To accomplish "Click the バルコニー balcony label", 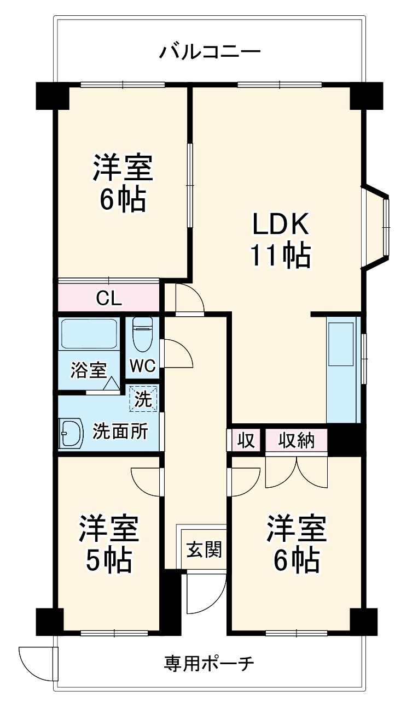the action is click(x=210, y=52).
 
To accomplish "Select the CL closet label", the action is click(x=109, y=298).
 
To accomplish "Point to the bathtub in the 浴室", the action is click(x=89, y=334).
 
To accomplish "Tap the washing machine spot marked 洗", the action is click(x=143, y=398).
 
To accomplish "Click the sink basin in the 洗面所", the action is click(x=71, y=433).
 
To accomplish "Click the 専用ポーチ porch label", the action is click(x=208, y=663).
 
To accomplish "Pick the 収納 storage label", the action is click(x=297, y=440).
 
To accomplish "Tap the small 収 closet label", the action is click(x=246, y=440).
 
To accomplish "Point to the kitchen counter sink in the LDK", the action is click(x=341, y=344).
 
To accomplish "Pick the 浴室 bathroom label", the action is click(x=89, y=370).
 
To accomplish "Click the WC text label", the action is click(x=143, y=365).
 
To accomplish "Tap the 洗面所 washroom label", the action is click(x=120, y=431).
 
